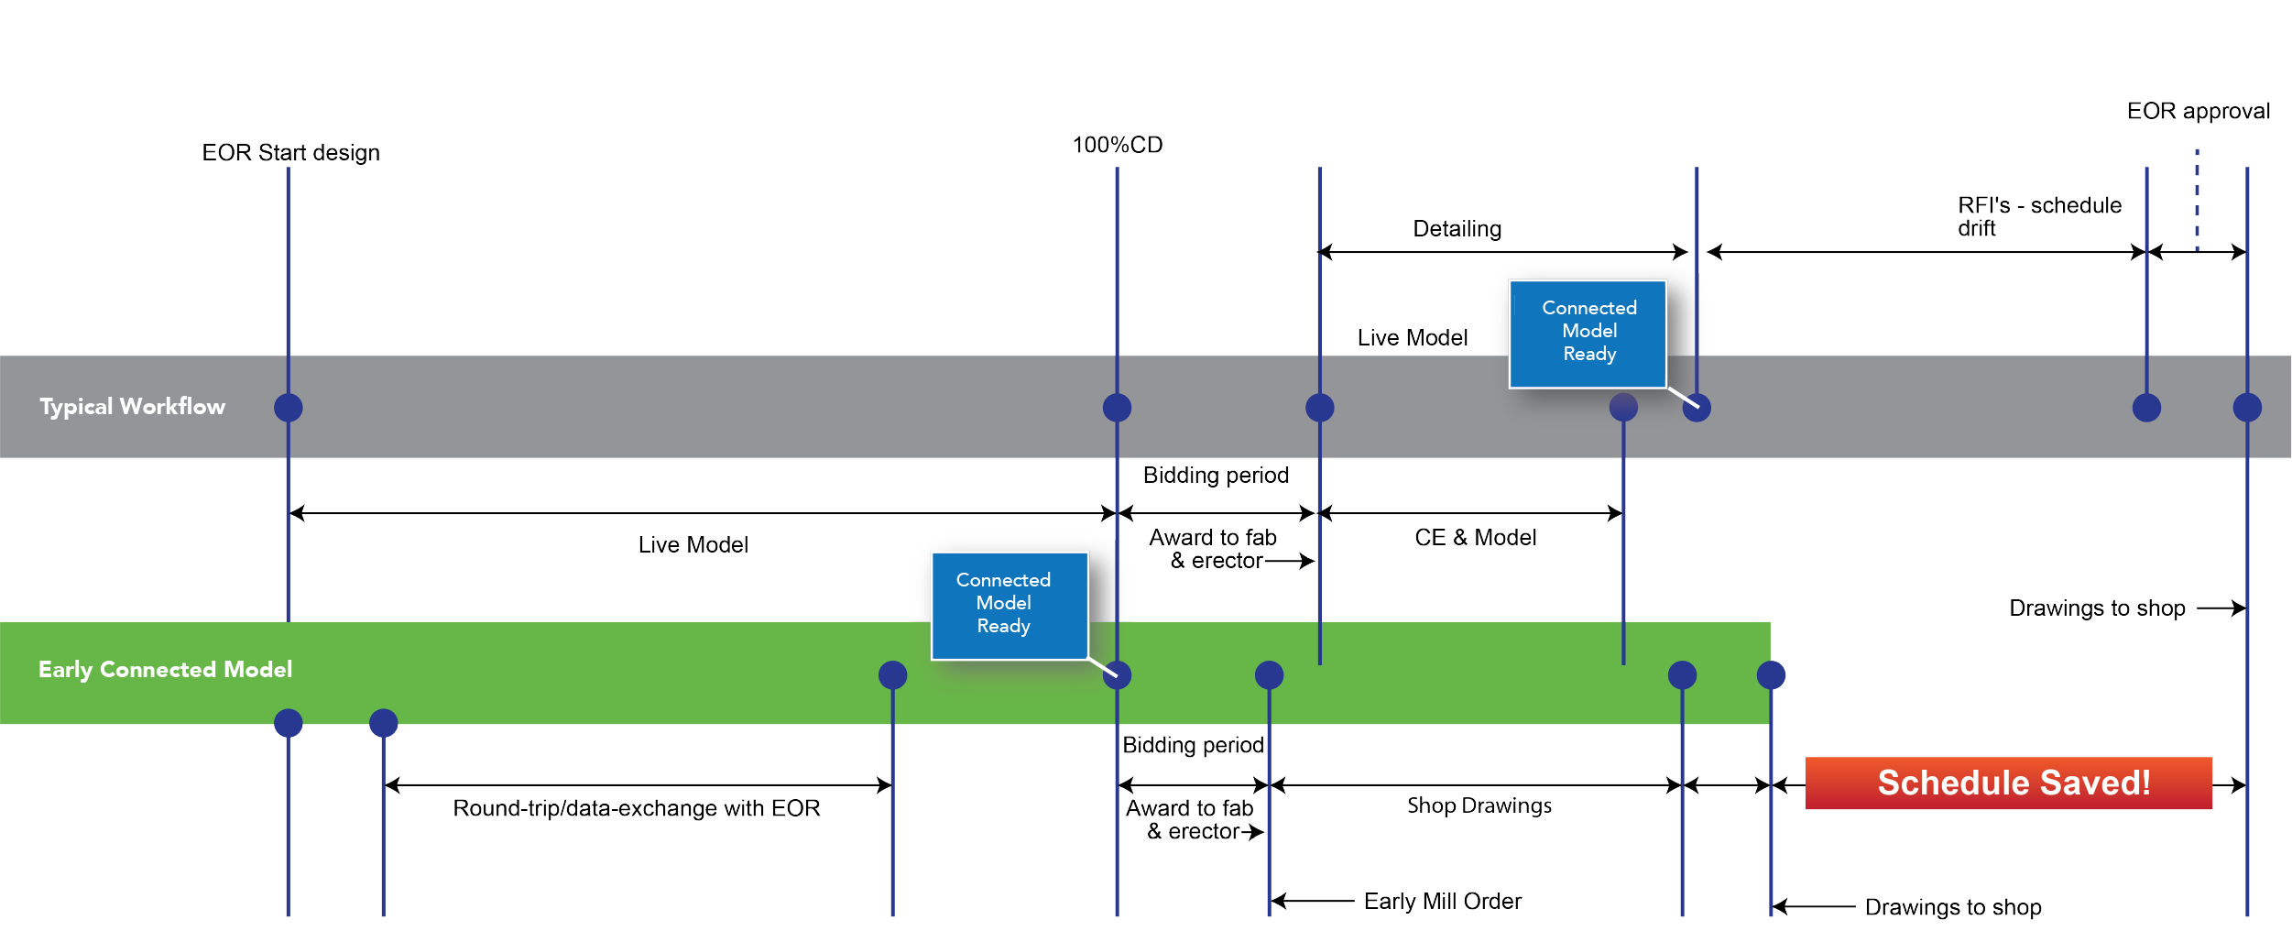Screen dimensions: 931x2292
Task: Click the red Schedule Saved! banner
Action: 2008,783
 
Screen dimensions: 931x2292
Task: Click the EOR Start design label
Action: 290,152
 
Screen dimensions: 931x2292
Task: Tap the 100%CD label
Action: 1117,145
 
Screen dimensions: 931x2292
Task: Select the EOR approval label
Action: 2198,111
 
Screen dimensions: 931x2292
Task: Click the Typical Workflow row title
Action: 132,406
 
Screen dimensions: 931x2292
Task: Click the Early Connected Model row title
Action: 165,669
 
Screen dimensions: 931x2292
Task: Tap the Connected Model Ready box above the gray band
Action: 1588,333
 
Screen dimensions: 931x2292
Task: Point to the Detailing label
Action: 1457,228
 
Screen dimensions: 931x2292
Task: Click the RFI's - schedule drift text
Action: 2038,216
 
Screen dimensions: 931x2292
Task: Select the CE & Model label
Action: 1475,537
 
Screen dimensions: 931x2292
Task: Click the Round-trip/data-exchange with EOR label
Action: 636,808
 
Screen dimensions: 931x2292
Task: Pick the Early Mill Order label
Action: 1442,901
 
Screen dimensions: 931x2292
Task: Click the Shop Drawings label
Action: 1479,805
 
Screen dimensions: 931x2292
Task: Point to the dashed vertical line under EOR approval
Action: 2197,197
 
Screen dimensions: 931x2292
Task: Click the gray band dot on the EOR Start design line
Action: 289,407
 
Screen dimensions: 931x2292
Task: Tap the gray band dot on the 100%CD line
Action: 1117,407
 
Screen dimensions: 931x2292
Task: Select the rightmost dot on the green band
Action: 1771,675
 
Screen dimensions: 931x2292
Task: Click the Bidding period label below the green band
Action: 1193,745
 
